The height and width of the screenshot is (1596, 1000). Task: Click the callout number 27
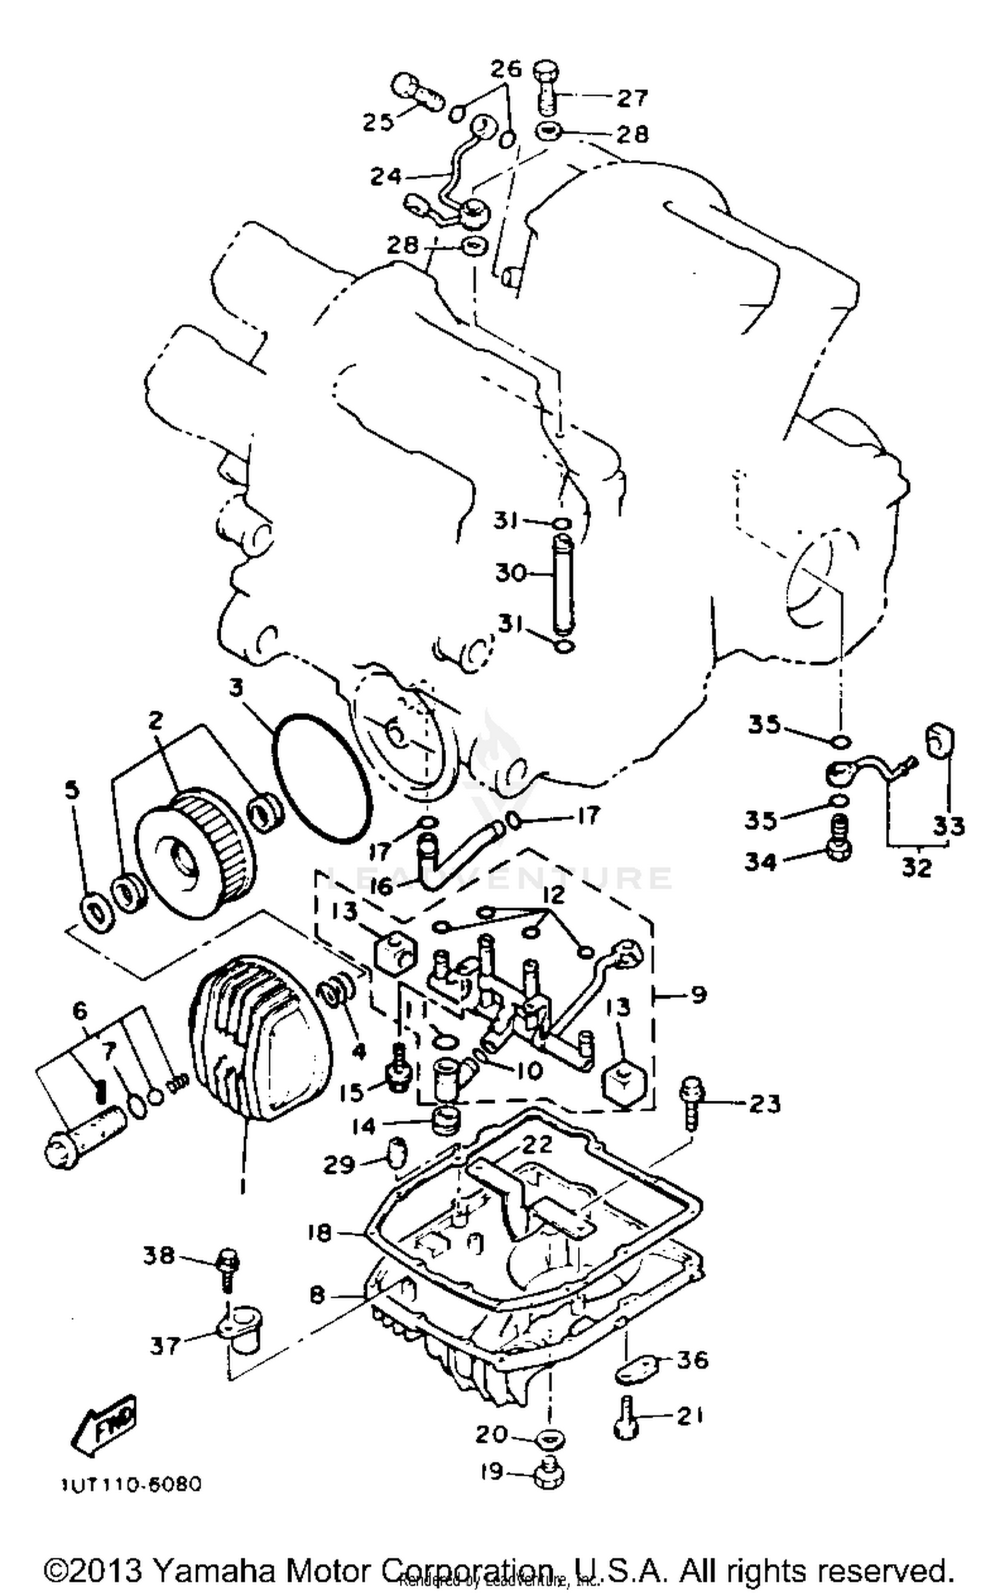click(x=632, y=98)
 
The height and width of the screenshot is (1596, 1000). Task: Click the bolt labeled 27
click(x=547, y=87)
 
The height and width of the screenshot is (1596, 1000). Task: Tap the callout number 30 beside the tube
click(x=511, y=572)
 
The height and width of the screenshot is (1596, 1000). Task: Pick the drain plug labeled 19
click(x=549, y=1472)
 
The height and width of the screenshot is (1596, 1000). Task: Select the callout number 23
click(x=764, y=1104)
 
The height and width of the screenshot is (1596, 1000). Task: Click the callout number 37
click(x=165, y=1345)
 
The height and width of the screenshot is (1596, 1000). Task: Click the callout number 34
click(x=761, y=862)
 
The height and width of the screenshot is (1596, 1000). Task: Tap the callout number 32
click(x=916, y=867)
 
